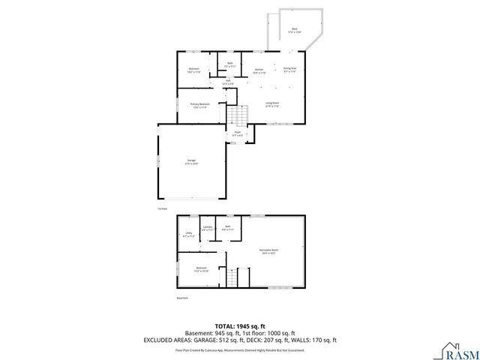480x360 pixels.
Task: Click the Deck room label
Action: (x=295, y=31)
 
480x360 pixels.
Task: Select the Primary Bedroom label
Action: (x=199, y=106)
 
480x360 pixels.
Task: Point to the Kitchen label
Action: (x=259, y=71)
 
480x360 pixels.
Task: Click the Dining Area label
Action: (x=289, y=70)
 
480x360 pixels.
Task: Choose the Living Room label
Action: (x=272, y=104)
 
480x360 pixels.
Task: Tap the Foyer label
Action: (x=237, y=134)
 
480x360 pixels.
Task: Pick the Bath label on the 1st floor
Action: (x=230, y=65)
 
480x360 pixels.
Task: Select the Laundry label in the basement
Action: (x=208, y=228)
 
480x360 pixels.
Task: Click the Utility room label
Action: (x=188, y=235)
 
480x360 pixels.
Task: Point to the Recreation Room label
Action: (x=269, y=251)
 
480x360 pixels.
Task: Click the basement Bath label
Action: (x=228, y=228)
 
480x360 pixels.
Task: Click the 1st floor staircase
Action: (x=238, y=115)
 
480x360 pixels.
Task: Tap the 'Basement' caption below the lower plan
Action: (x=182, y=298)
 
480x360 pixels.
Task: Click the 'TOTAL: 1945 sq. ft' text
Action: (x=240, y=325)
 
